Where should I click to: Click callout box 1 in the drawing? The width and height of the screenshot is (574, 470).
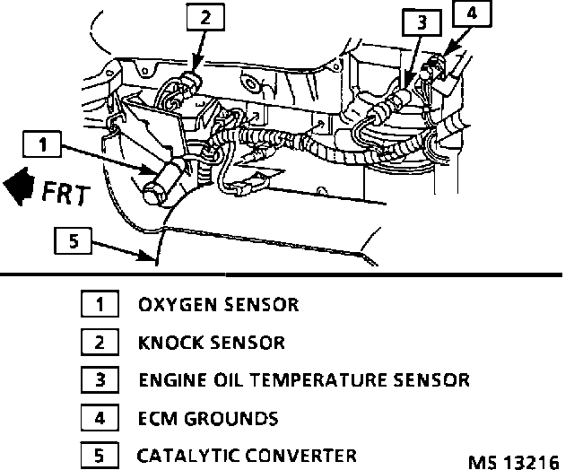pos(45,144)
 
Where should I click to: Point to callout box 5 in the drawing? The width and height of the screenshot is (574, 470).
pos(72,239)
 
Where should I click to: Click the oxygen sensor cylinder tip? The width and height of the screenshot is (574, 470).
pos(153,189)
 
